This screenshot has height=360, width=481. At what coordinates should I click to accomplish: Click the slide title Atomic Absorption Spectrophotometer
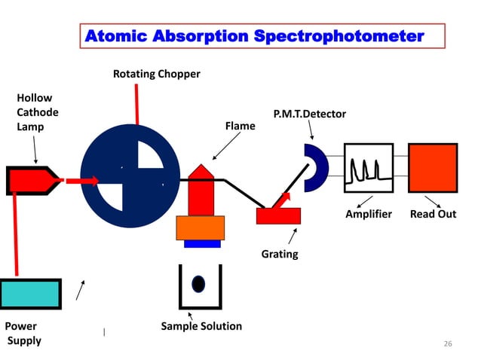tap(255, 35)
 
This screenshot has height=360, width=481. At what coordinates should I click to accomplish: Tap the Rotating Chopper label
tap(156, 74)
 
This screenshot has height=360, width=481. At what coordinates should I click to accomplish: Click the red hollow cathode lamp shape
tap(30, 181)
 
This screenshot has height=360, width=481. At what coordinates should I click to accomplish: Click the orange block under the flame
tap(201, 227)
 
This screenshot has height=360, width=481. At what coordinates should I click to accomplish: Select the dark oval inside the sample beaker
tap(198, 284)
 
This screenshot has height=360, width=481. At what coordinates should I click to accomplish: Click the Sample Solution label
tap(201, 326)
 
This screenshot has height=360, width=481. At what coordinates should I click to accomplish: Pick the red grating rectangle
tap(278, 215)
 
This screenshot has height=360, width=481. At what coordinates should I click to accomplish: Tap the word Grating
tap(280, 255)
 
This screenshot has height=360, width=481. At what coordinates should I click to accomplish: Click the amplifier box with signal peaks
tap(368, 168)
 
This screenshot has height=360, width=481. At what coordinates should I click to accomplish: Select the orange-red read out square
tap(432, 168)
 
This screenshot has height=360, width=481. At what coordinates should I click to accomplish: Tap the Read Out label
tap(433, 214)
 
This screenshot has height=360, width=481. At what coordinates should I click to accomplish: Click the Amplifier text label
tap(369, 214)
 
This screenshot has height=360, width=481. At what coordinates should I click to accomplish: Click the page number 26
tap(448, 343)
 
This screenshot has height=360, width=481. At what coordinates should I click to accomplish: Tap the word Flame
tap(240, 127)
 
